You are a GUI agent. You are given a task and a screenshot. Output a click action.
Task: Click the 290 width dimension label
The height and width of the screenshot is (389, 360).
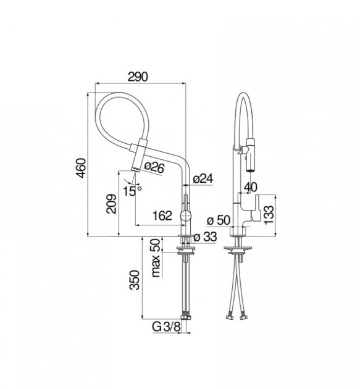pyautogui.click(x=138, y=77)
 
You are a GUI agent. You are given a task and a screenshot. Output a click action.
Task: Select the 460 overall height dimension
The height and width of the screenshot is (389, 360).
pyautogui.click(x=82, y=168)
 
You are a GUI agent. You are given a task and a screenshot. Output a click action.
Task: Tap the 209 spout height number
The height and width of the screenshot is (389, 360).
pyautogui.click(x=111, y=204)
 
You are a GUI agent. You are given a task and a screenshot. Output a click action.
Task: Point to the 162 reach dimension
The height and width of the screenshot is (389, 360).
pyautogui.click(x=162, y=215)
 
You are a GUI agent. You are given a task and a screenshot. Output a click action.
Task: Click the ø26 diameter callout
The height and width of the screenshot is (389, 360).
pyautogui.click(x=154, y=167)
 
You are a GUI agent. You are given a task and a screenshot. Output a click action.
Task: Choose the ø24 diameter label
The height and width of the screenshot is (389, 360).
pyautogui.click(x=203, y=178)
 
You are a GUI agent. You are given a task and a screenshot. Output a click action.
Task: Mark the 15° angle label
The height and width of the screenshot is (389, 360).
pyautogui.click(x=133, y=191)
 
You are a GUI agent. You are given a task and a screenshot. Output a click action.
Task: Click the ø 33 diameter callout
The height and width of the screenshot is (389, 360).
pyautogui.click(x=205, y=237)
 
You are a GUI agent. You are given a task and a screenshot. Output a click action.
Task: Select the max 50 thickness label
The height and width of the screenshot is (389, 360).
pyautogui.click(x=156, y=257)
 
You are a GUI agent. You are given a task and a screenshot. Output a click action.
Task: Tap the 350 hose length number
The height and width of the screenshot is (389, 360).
pyautogui.click(x=135, y=280)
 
